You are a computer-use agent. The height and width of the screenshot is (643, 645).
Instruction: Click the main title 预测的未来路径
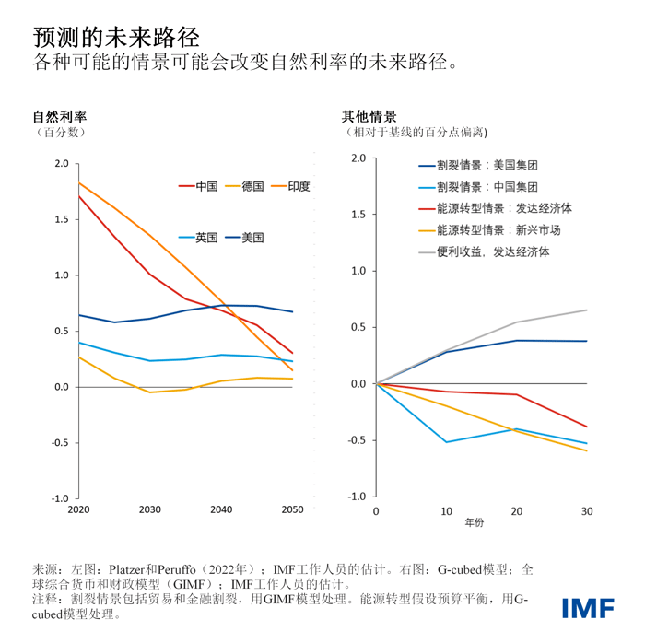(115, 35)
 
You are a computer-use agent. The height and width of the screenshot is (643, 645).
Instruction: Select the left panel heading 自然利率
(60, 117)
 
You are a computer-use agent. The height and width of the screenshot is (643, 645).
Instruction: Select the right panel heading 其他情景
(369, 117)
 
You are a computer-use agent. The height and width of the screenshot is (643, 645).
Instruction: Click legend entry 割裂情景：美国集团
(487, 166)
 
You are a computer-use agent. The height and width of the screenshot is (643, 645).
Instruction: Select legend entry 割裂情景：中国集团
(487, 187)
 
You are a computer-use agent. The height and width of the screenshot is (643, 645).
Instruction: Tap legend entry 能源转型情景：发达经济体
(504, 208)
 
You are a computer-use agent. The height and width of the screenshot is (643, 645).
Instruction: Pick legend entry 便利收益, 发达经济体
(493, 251)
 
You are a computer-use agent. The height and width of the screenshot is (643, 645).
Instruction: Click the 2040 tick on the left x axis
(221, 509)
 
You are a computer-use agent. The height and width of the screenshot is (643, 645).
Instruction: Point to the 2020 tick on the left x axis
(78, 509)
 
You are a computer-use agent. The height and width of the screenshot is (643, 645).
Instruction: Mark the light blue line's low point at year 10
(446, 442)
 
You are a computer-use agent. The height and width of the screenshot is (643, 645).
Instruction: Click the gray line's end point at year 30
(587, 310)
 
